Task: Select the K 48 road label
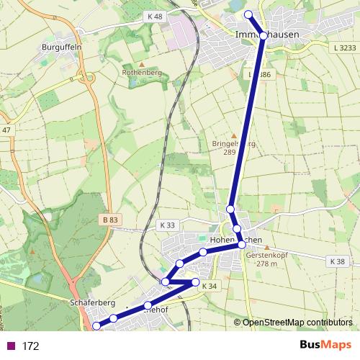point(154,16)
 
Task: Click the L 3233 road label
point(346,48)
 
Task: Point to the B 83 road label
point(109,220)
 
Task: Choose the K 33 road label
point(167,225)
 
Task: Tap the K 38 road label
point(336,261)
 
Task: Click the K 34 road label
point(209,287)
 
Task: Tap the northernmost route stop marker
point(248,14)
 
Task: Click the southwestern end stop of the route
point(97,326)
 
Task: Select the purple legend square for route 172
point(10,346)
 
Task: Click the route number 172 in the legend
point(30,346)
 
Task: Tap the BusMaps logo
point(325,346)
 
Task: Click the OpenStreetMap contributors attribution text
point(297,322)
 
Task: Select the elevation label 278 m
point(266,264)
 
